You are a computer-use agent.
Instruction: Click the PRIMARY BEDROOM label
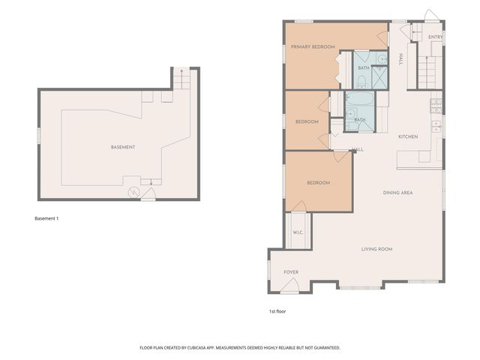click(313, 46)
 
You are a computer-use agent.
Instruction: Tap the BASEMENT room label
click(122, 147)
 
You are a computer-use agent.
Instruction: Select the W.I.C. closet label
click(297, 232)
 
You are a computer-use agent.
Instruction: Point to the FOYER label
click(291, 272)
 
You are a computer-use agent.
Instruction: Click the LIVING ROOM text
click(376, 249)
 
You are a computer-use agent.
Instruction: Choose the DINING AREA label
click(397, 193)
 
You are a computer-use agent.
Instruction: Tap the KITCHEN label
click(407, 136)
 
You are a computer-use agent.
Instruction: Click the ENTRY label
click(435, 37)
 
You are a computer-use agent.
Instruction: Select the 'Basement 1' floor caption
click(46, 218)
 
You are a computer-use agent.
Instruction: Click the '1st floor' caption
click(277, 310)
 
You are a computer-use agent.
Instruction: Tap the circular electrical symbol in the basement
click(135, 193)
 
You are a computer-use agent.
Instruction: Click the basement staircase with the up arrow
click(182, 79)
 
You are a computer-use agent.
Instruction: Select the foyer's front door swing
click(291, 286)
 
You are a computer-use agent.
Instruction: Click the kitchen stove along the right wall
click(436, 125)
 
